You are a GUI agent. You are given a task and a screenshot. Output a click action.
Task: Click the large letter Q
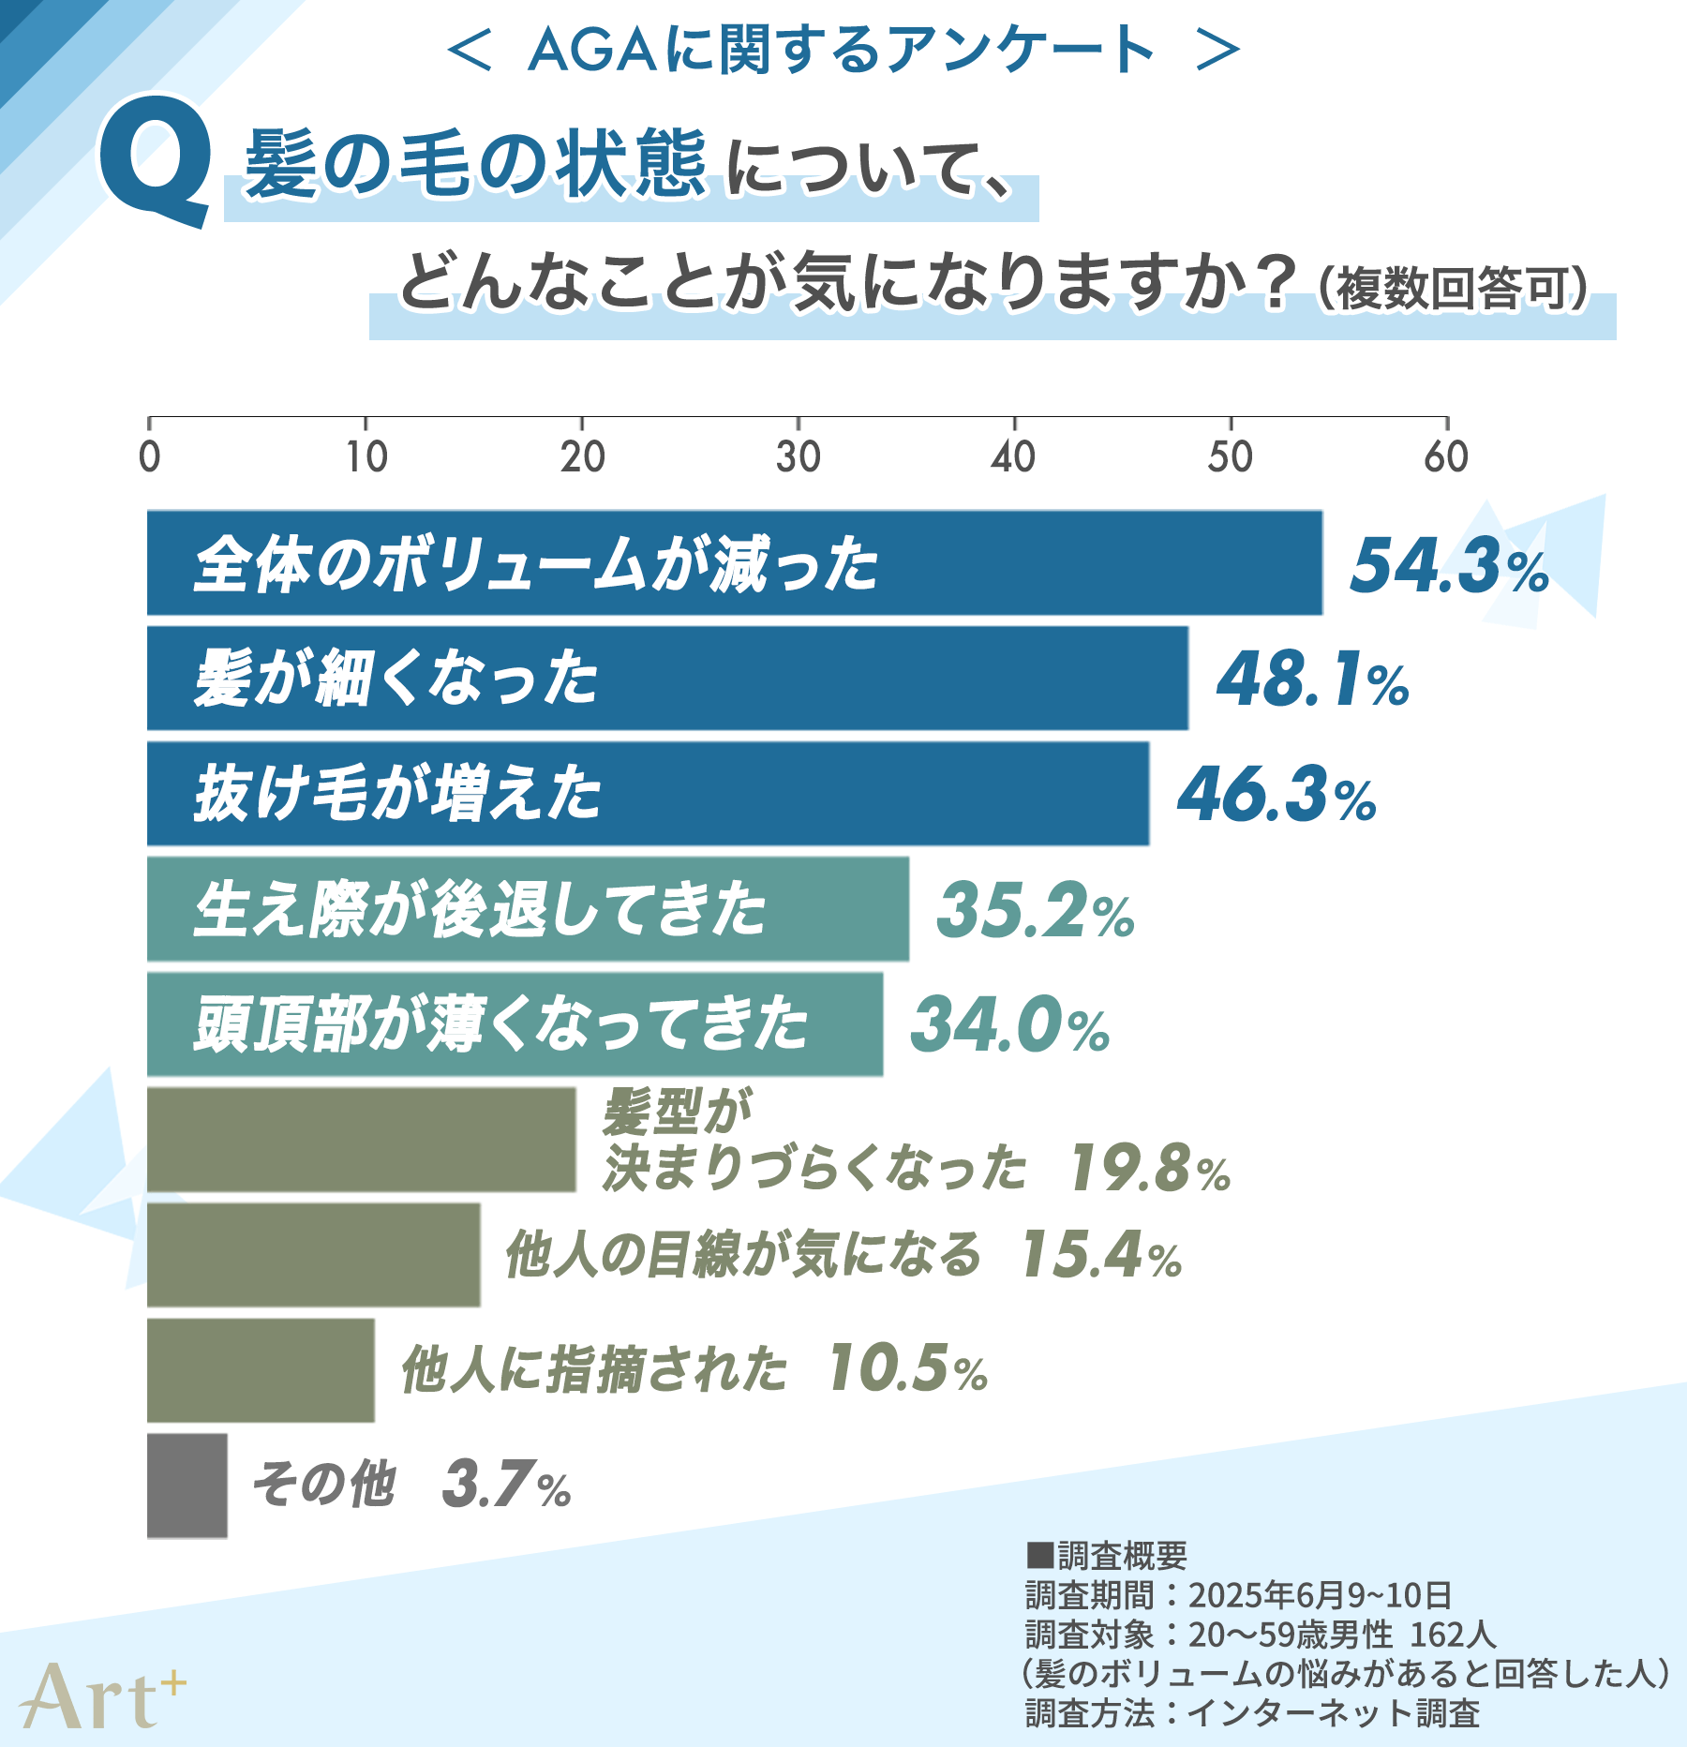pos(156,159)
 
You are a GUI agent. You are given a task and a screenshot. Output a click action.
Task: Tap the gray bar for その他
pos(187,1486)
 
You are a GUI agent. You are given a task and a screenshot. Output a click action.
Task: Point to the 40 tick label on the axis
pos(1013,457)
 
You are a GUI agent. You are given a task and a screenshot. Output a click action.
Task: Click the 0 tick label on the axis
pos(150,457)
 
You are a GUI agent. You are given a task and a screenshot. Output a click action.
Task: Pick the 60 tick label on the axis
pos(1445,457)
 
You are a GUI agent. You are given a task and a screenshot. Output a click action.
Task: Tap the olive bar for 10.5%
pos(261,1370)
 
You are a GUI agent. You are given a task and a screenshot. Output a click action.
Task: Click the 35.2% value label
pos(1036,910)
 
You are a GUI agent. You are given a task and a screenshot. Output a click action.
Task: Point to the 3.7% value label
pos(506,1485)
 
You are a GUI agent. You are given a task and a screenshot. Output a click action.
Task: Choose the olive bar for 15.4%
pos(313,1255)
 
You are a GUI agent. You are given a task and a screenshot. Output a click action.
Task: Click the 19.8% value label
pos(1149,1169)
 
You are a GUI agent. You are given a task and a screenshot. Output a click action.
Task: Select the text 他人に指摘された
pos(594,1369)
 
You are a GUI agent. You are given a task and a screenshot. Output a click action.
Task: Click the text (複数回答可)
pos(1453,288)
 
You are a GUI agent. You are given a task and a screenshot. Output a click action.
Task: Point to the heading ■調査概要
pos(1107,1557)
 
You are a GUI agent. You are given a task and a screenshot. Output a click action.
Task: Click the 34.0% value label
pos(1010,1024)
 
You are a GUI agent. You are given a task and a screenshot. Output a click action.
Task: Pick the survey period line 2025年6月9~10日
pos(1238,1595)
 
